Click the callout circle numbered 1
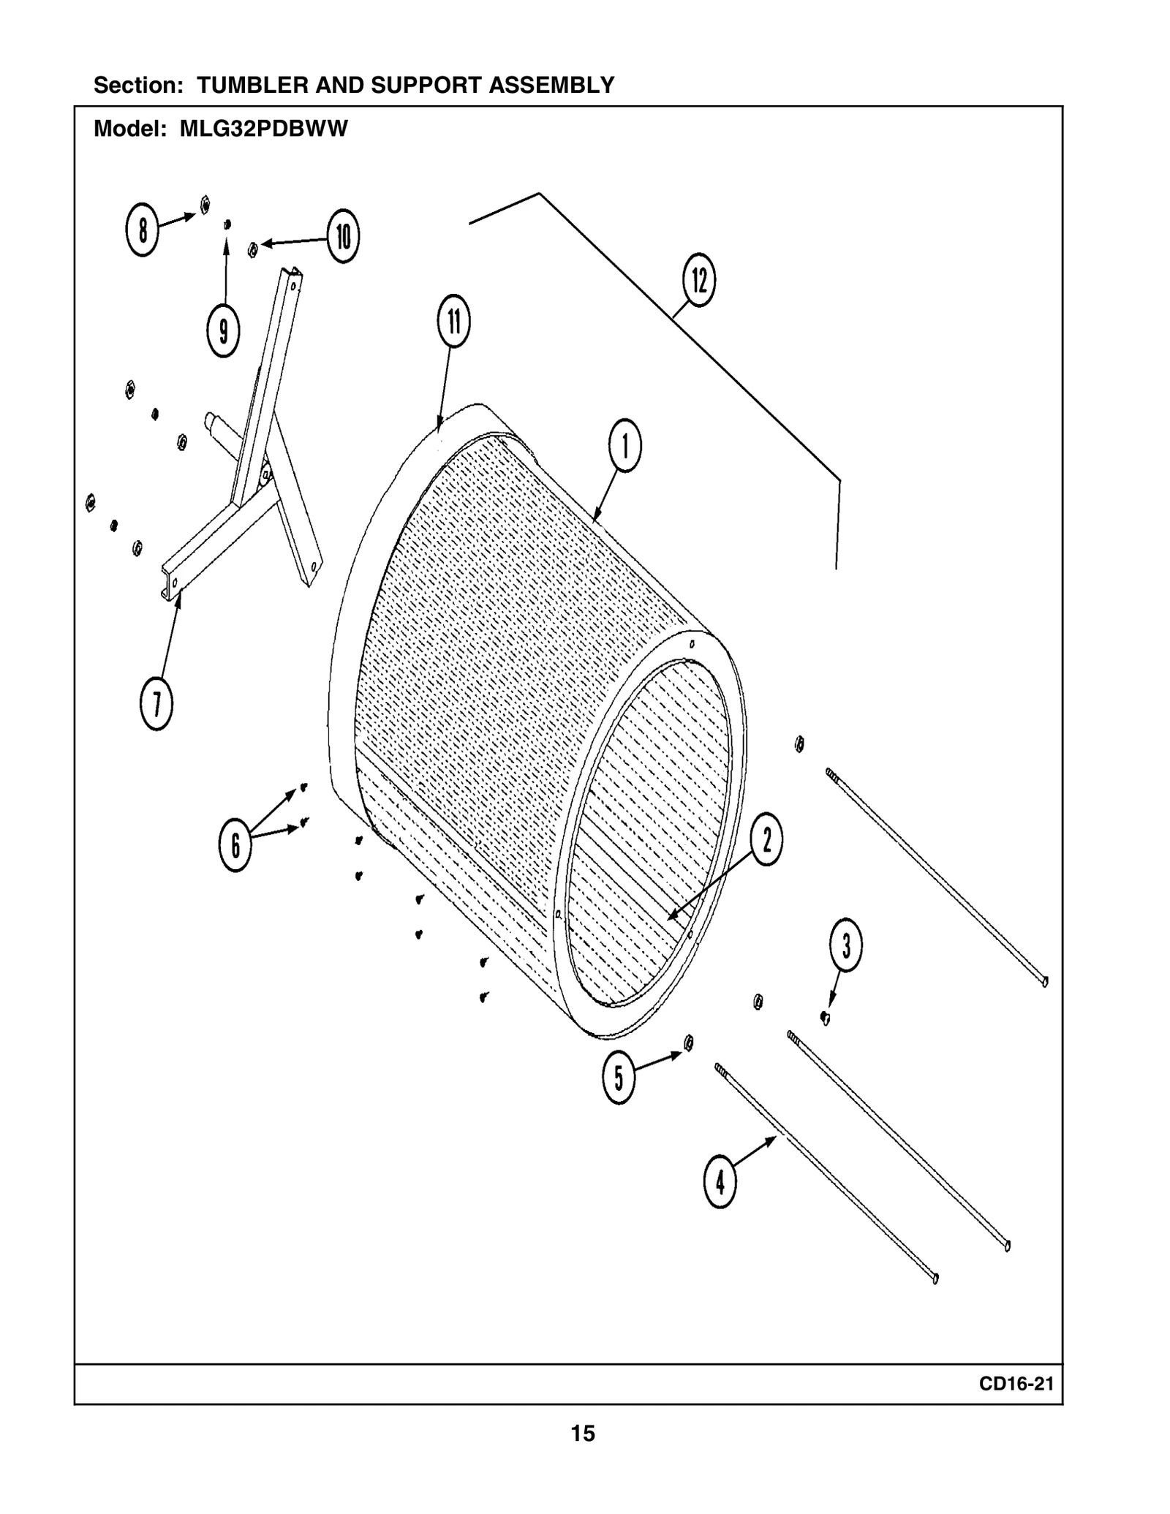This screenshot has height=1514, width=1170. click(624, 445)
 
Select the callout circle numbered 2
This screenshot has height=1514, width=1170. click(766, 839)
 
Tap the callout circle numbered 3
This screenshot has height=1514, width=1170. click(845, 945)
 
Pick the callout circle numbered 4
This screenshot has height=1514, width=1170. click(720, 1181)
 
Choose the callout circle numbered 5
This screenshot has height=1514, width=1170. click(619, 1077)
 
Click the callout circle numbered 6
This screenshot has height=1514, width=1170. click(235, 845)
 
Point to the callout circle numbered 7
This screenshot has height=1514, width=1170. click(156, 704)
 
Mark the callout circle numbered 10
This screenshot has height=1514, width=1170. click(343, 236)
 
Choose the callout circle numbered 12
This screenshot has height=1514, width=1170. click(698, 280)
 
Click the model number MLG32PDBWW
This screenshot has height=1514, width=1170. click(264, 129)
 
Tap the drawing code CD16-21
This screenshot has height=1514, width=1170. click(1016, 1384)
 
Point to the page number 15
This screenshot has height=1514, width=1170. click(583, 1434)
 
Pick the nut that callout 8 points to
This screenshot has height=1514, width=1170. click(205, 205)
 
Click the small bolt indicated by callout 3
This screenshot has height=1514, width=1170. click(825, 1017)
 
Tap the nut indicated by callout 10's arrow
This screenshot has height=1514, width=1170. click(252, 250)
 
